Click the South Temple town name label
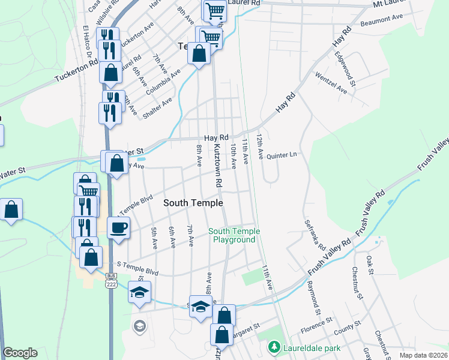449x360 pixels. pos(193,203)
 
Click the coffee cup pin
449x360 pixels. pos(118,227)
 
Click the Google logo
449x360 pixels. pos(20,353)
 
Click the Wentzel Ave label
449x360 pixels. pos(331,84)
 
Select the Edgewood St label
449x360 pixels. pos(347,68)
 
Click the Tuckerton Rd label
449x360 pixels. pos(76,70)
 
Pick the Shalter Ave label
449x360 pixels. pos(158,106)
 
